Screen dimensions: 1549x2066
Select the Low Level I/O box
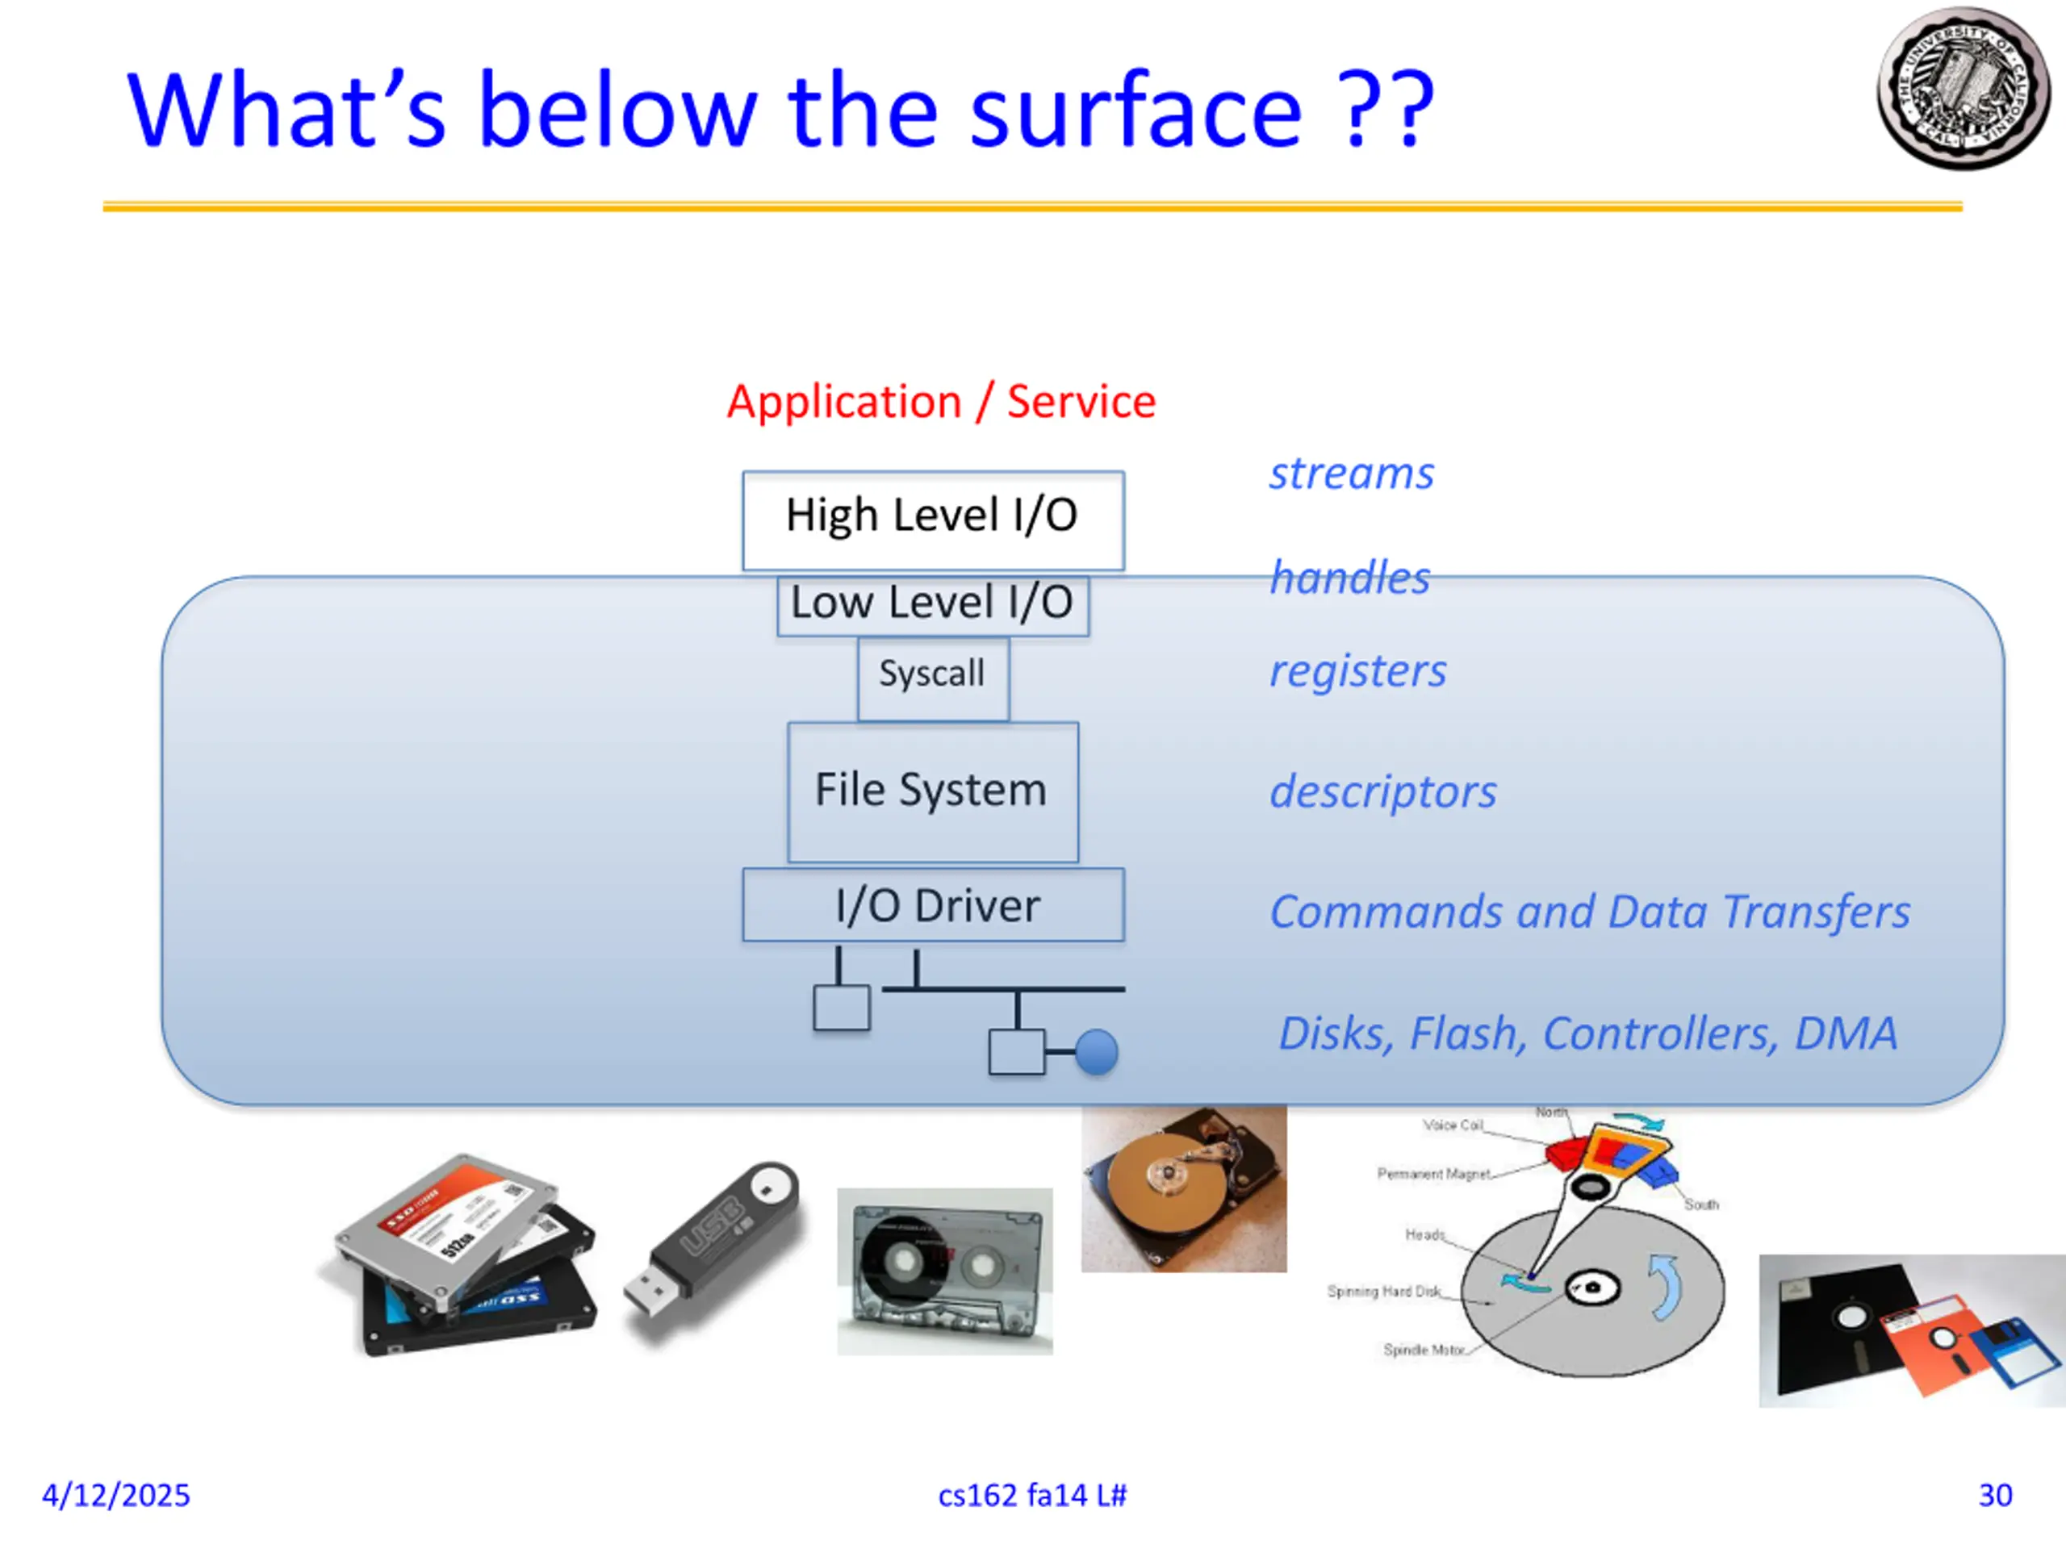(932, 604)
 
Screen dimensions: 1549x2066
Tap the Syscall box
(932, 676)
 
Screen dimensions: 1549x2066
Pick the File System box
(932, 791)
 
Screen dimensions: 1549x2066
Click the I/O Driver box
(932, 904)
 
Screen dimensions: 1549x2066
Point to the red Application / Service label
(940, 402)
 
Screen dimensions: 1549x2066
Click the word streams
(1350, 474)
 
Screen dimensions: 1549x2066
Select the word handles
(1349, 578)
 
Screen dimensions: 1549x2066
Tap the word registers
(1357, 671)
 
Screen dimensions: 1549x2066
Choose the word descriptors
(1382, 791)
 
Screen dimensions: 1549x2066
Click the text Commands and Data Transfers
(1589, 912)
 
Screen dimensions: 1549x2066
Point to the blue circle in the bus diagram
(1096, 1052)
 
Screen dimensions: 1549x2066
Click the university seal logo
(1963, 89)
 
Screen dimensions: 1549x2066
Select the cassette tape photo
(944, 1271)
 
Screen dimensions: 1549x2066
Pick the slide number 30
(1995, 1496)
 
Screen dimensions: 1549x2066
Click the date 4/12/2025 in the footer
(116, 1496)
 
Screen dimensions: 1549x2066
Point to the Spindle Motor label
(1423, 1350)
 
